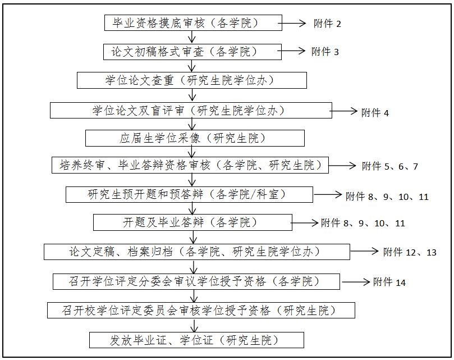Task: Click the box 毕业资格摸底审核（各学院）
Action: pos(192,23)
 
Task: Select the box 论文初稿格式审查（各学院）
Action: pos(191,52)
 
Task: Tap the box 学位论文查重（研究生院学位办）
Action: pos(192,80)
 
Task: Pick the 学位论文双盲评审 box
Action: pos(191,110)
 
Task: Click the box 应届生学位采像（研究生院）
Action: pos(195,138)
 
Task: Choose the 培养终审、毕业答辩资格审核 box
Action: pos(191,165)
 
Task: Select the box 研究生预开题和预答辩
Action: pos(189,194)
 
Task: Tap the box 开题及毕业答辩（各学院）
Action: pos(192,222)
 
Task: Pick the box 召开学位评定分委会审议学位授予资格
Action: pos(196,281)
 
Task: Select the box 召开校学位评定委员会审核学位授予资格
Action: pos(201,310)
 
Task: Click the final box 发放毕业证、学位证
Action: pos(196,340)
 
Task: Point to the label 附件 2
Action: pos(327,24)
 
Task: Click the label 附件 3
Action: pos(325,52)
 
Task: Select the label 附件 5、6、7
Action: pos(390,166)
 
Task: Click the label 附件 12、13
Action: pos(410,252)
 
